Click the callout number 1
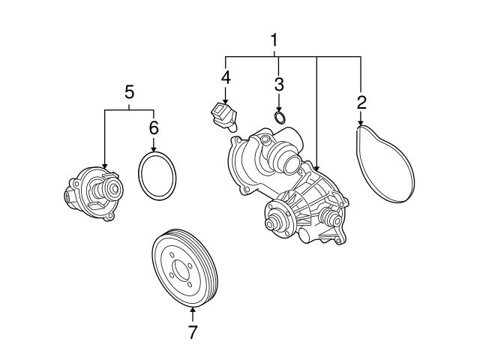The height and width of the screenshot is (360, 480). coord(274,40)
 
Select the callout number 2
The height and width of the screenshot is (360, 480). coord(361,102)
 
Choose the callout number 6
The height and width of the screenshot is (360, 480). coord(154,127)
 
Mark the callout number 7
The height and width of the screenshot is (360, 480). coord(193,332)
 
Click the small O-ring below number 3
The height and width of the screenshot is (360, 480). coord(279,117)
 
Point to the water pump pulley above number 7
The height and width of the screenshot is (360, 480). coord(184,269)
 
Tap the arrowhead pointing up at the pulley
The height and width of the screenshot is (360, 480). coord(193,310)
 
